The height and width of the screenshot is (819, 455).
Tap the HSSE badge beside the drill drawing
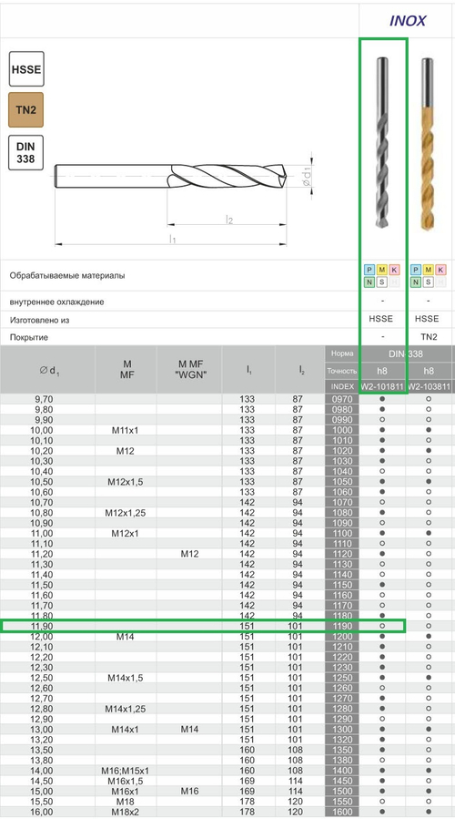(x=26, y=70)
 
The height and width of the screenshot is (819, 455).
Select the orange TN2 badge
(x=26, y=110)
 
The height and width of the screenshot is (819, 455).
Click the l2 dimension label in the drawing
(x=230, y=219)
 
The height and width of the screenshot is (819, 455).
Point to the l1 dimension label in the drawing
(x=172, y=239)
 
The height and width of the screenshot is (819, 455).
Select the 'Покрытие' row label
(x=31, y=337)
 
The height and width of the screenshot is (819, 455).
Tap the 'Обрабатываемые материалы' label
(x=67, y=275)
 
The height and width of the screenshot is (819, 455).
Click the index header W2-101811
(x=381, y=387)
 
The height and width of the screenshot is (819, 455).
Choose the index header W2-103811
(x=429, y=387)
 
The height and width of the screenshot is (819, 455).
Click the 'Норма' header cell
(x=342, y=353)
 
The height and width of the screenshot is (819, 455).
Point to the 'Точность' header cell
(x=342, y=370)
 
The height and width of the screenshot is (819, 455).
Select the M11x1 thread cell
(x=126, y=430)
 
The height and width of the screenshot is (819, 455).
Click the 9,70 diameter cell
(x=43, y=400)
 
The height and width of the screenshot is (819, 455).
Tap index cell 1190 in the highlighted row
(x=342, y=627)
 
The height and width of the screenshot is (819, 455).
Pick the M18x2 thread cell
(x=126, y=813)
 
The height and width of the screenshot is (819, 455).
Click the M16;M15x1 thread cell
(x=126, y=771)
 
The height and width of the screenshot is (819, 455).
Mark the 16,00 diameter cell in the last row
(x=43, y=813)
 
